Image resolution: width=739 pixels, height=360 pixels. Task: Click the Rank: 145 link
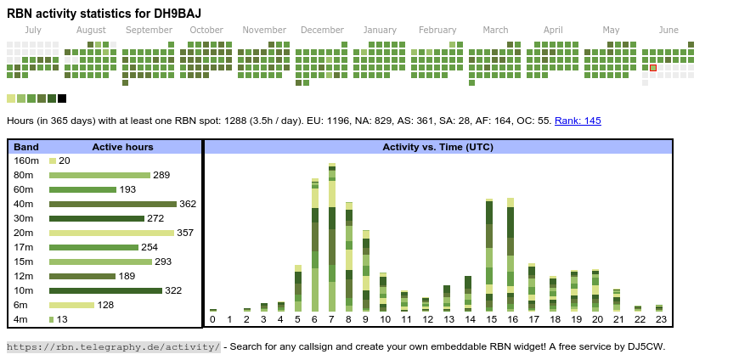click(x=578, y=121)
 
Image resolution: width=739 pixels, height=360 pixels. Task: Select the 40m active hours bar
click(x=112, y=204)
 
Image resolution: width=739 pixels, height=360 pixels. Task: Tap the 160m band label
click(x=26, y=160)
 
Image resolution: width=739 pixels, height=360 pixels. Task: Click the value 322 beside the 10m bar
click(x=173, y=290)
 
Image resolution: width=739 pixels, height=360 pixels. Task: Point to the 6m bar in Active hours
click(x=71, y=305)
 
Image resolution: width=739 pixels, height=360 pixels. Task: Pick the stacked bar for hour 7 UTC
click(x=332, y=237)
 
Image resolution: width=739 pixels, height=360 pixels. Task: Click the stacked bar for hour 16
click(x=511, y=255)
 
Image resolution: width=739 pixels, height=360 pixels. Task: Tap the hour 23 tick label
click(x=659, y=319)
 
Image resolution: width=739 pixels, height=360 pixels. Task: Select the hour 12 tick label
click(x=426, y=319)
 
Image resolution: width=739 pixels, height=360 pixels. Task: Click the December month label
click(x=322, y=30)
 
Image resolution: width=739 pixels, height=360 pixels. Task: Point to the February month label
click(x=437, y=30)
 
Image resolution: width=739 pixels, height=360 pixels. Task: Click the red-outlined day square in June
click(x=653, y=67)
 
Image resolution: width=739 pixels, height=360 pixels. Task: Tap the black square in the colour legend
click(x=62, y=98)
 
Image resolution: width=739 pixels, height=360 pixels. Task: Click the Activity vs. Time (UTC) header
click(x=437, y=147)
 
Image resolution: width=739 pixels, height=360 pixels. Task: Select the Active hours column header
click(x=122, y=147)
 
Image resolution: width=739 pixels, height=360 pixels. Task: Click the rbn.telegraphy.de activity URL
click(x=113, y=346)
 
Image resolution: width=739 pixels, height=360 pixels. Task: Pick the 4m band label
click(x=22, y=319)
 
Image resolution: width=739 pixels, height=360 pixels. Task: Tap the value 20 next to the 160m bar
click(x=65, y=160)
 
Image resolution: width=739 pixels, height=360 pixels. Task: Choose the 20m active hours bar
click(x=111, y=233)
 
